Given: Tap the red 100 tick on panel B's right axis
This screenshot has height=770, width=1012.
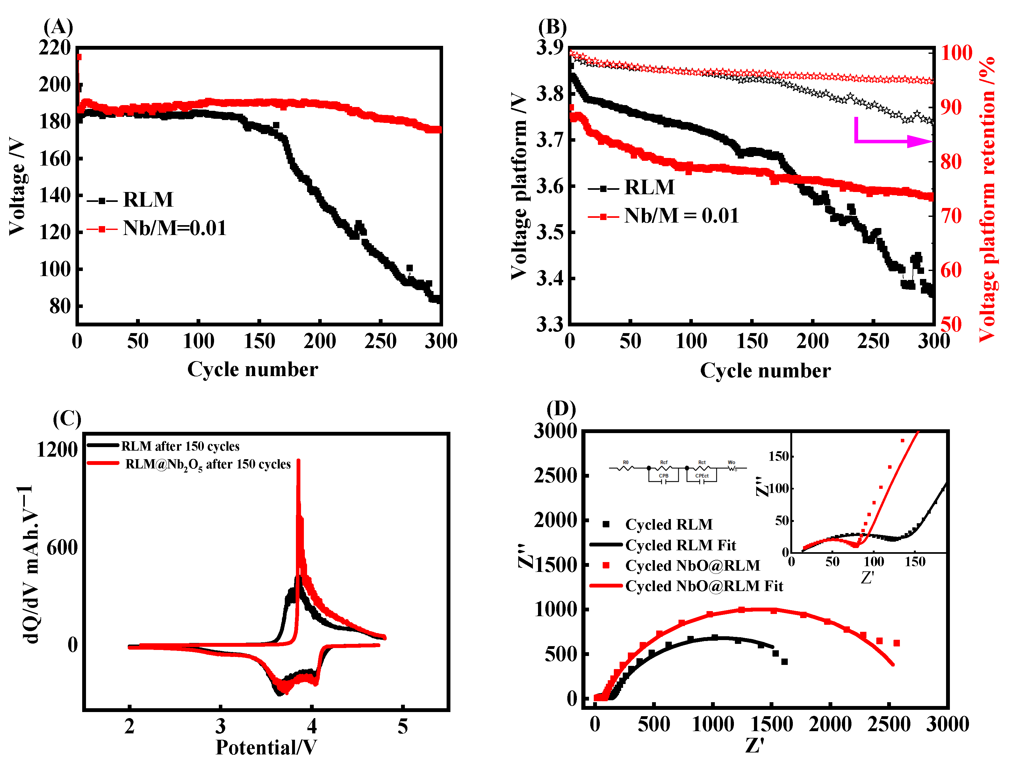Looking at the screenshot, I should point(957,53).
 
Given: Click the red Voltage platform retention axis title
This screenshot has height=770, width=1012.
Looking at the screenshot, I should point(987,199).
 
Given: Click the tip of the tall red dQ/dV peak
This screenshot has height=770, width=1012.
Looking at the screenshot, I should point(298,460).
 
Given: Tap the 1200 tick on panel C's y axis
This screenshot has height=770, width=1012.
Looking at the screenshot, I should point(57,450).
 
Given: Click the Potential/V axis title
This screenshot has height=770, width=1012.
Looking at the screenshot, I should point(266,747).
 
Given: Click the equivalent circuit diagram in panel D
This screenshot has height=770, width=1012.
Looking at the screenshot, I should point(678,472).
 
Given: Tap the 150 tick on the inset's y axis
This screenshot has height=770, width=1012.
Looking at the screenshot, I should point(778,456).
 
